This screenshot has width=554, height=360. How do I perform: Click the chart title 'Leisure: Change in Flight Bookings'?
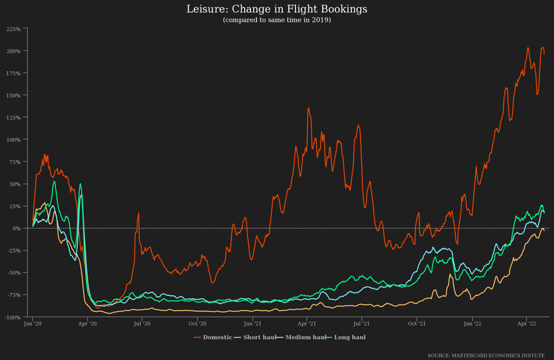[276, 9]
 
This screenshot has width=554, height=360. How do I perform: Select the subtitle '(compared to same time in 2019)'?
[276, 20]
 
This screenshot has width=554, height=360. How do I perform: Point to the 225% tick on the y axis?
[13, 29]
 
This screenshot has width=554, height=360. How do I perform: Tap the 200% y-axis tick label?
[13, 51]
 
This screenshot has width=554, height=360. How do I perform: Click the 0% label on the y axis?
[17, 228]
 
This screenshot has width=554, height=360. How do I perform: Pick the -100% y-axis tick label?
[12, 317]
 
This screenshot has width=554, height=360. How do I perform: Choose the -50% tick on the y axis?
[13, 273]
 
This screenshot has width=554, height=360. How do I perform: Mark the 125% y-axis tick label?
[13, 118]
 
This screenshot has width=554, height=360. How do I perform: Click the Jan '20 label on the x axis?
[32, 324]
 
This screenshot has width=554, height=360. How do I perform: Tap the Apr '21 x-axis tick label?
[307, 324]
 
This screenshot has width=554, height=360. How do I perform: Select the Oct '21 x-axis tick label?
[417, 324]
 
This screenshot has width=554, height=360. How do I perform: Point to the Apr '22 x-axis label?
[526, 324]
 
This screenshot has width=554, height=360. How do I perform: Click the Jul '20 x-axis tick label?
[142, 324]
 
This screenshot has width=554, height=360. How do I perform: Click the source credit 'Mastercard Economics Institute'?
[486, 355]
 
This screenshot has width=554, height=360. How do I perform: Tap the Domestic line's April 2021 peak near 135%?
[308, 107]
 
